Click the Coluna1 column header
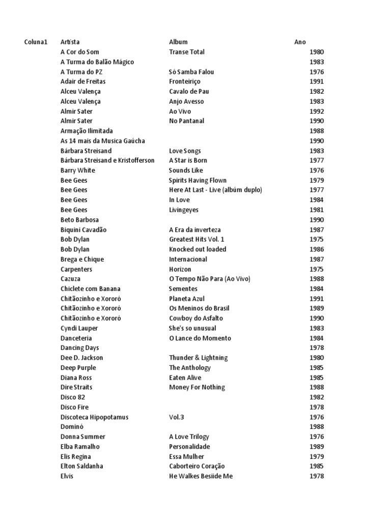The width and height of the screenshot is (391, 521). point(36,42)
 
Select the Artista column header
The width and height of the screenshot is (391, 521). point(70,42)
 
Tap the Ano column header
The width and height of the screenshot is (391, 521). point(300,42)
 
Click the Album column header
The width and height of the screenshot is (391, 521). point(178,42)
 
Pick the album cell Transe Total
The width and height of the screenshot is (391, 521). point(187,52)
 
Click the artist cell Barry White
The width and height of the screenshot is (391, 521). point(78,170)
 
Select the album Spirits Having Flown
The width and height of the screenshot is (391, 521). point(198,180)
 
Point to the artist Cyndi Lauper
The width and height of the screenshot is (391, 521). point(79,328)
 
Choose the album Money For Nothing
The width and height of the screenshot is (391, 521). point(197,387)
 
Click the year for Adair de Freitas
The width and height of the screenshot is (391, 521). point(316,81)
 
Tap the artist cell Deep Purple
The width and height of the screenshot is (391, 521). point(78,367)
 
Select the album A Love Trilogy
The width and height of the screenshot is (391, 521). point(189,437)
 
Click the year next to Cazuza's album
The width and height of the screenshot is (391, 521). point(316,279)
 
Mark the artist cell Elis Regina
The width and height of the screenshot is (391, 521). point(76,456)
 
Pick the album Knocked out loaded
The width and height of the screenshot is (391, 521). point(198,249)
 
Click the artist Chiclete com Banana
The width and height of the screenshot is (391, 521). point(91,289)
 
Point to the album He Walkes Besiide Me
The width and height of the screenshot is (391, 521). point(201,476)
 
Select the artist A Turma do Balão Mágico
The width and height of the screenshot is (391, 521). point(97,62)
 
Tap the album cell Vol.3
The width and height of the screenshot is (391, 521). point(176,417)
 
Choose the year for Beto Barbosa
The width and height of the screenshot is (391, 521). point(316,220)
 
